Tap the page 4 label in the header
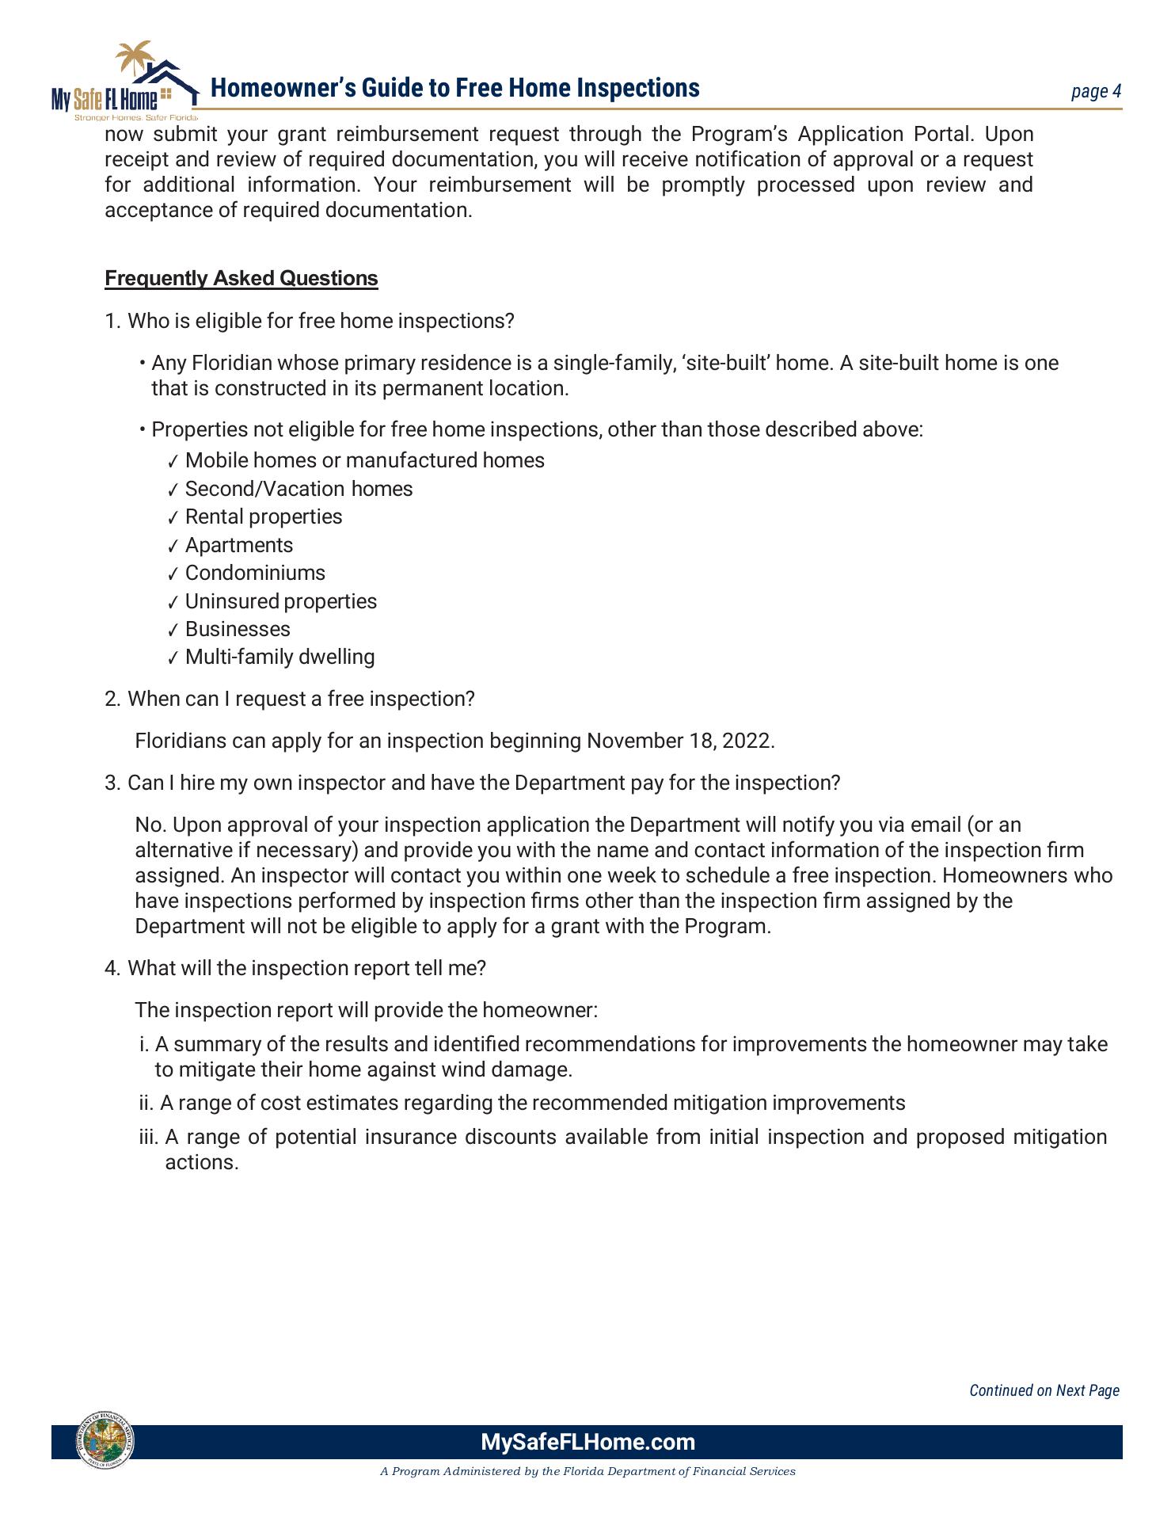[1096, 92]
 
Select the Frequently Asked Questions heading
[241, 279]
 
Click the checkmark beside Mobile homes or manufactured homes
[173, 462]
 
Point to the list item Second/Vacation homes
[299, 489]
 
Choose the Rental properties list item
[264, 517]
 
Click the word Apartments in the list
[238, 545]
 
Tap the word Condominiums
[255, 574]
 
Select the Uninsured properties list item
[280, 601]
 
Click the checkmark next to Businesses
[173, 631]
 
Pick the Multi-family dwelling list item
[279, 658]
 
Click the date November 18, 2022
[679, 741]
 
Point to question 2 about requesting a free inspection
[300, 700]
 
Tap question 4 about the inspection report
[306, 969]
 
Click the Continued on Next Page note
[1044, 1390]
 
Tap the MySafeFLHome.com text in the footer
[587, 1442]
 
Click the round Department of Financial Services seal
[105, 1440]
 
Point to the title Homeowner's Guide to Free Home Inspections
[454, 88]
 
